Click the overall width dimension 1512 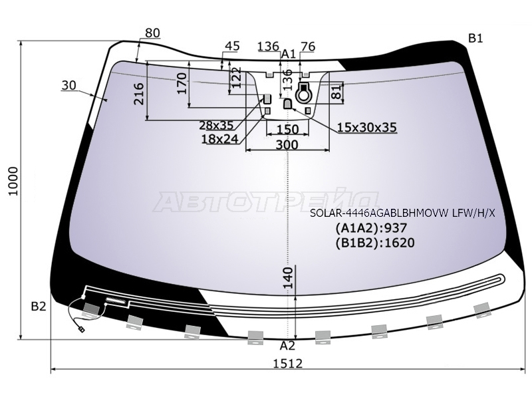click(288, 363)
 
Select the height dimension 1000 click(13, 181)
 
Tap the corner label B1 click(475, 39)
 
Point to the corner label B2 click(39, 307)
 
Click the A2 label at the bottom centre click(287, 346)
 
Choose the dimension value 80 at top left click(152, 33)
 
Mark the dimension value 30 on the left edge click(69, 85)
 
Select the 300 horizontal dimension click(287, 145)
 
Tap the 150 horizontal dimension click(287, 129)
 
